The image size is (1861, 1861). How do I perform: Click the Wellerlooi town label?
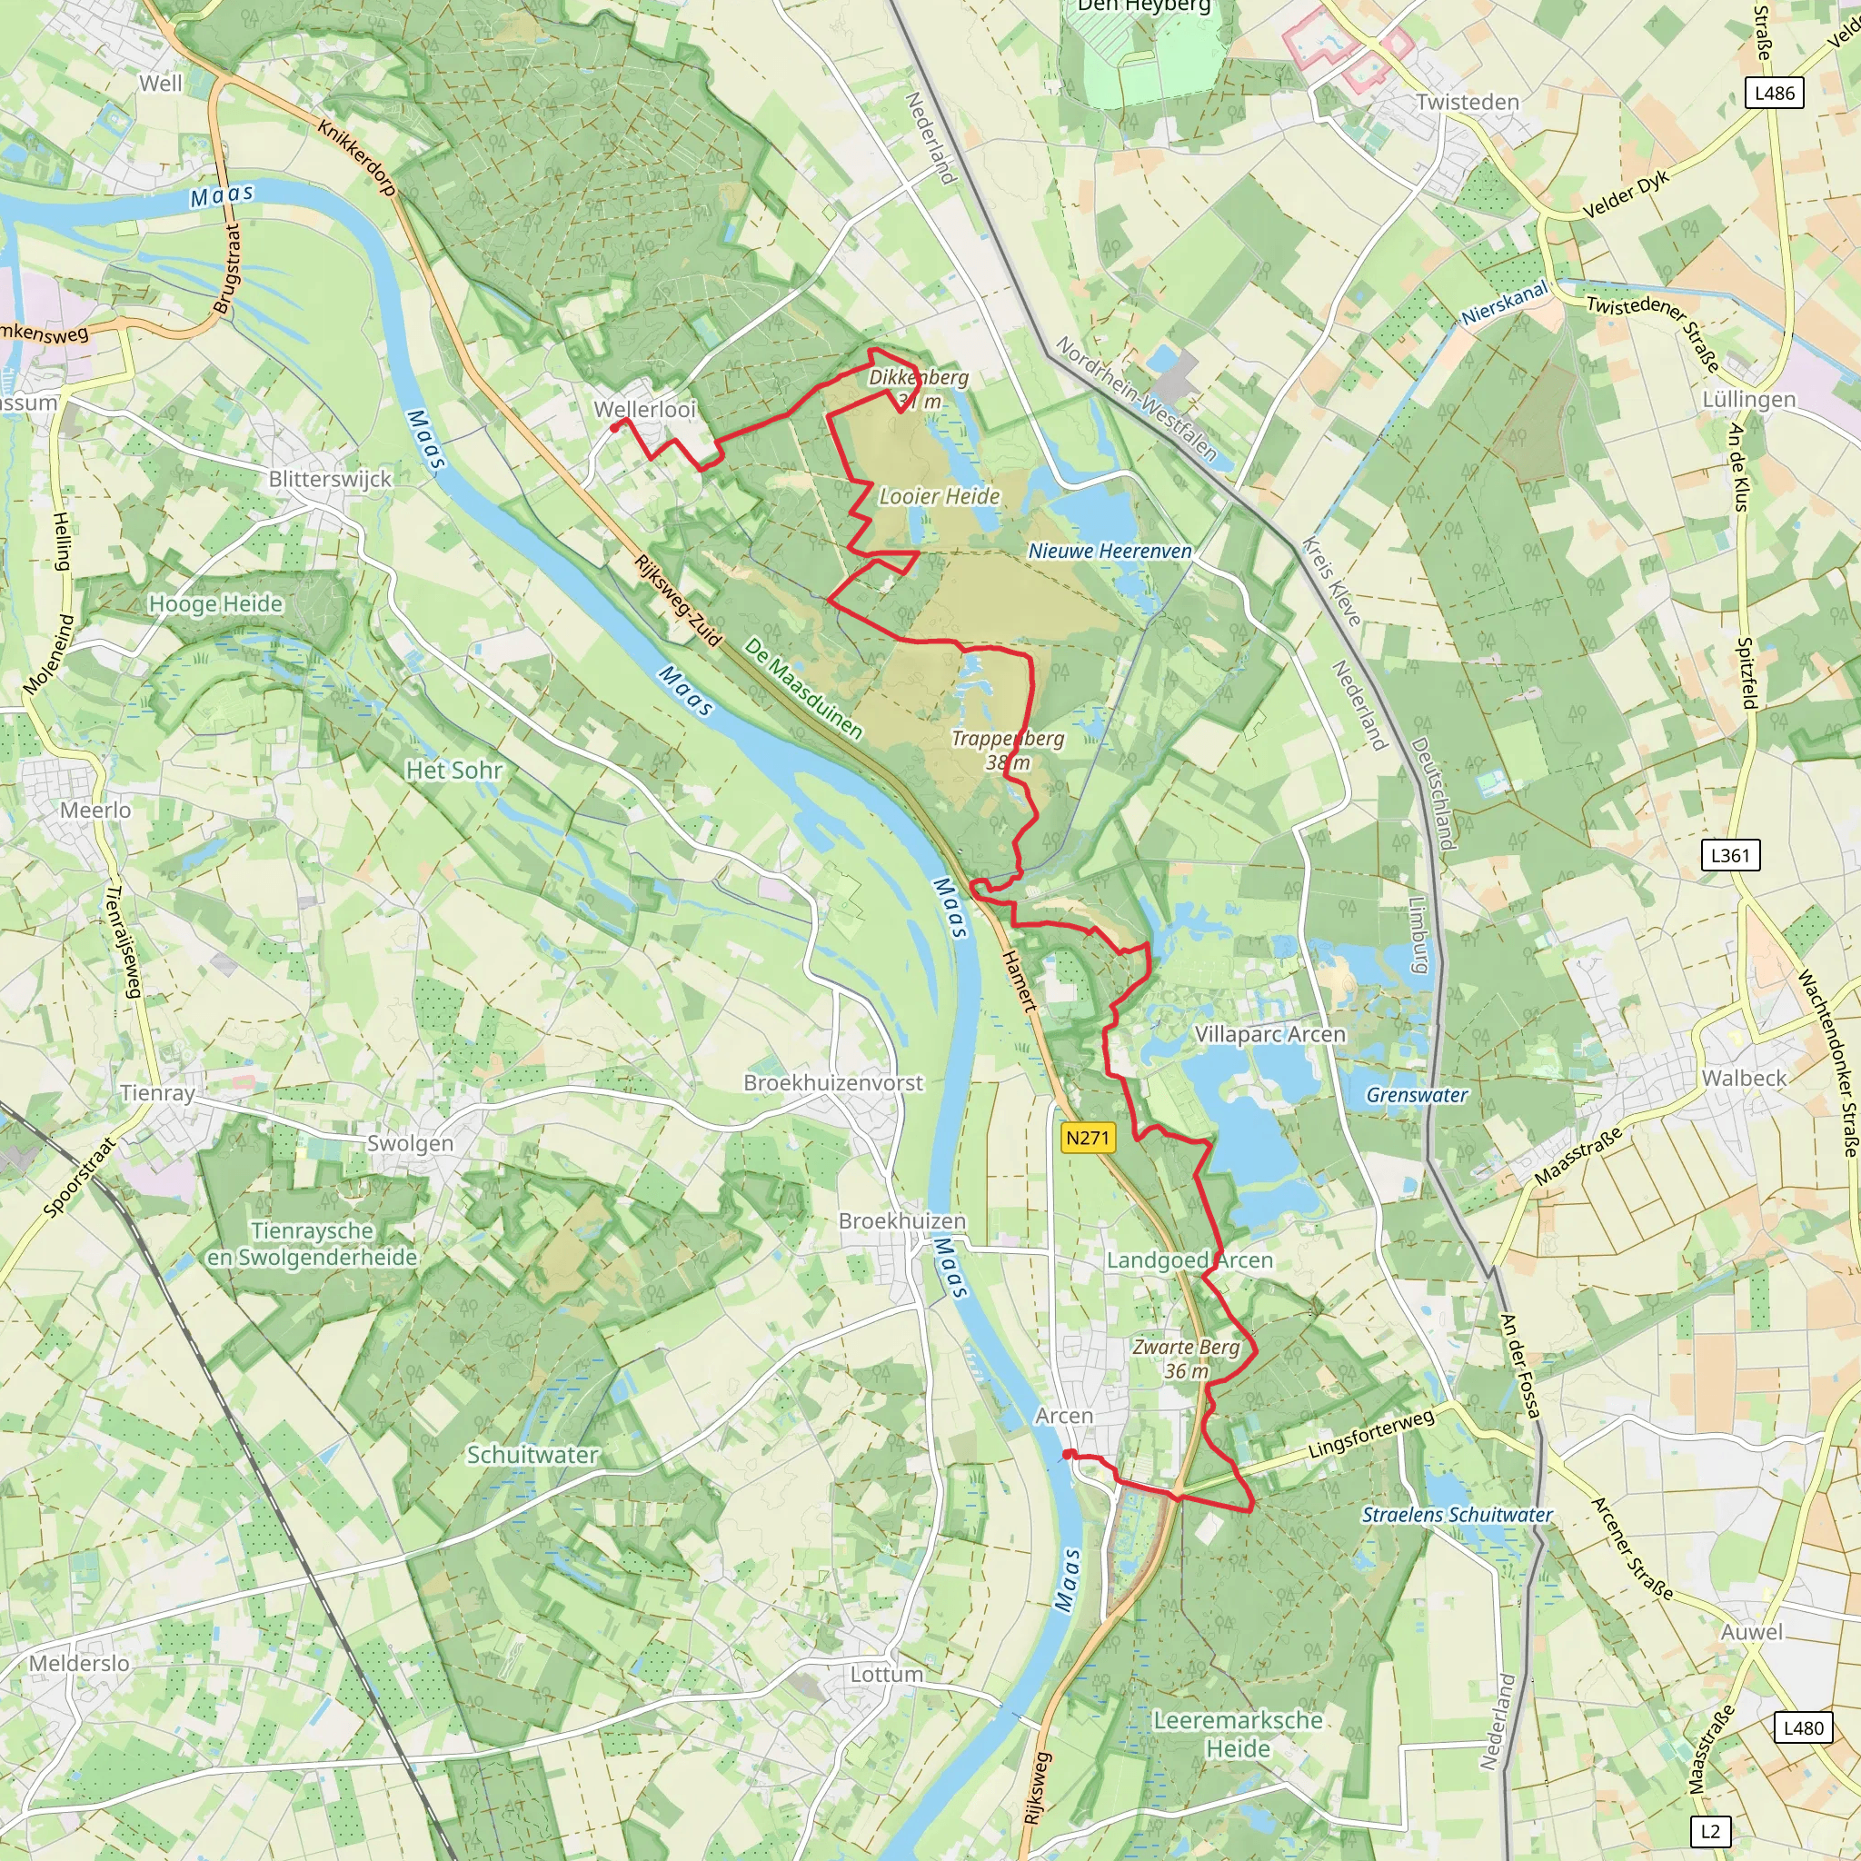click(x=644, y=410)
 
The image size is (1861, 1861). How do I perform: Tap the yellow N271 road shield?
click(x=1088, y=1138)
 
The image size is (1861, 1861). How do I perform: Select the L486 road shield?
click(x=1775, y=94)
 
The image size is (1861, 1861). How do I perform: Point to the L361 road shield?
click(x=1730, y=855)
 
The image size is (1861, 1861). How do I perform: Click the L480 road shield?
click(x=1803, y=1727)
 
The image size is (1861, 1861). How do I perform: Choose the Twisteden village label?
click(x=1467, y=102)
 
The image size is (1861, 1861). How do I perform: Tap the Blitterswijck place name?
click(x=331, y=479)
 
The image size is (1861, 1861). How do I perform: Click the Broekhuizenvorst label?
click(x=833, y=1082)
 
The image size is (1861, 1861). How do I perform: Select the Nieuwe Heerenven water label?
click(x=1110, y=551)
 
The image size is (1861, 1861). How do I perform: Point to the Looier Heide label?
click(x=940, y=496)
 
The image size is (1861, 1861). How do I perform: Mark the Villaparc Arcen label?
click(x=1269, y=1034)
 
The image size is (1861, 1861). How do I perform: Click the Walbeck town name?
click(x=1744, y=1078)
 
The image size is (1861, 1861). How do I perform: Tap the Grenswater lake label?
click(x=1417, y=1095)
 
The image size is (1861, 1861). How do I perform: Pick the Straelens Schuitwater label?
click(x=1457, y=1514)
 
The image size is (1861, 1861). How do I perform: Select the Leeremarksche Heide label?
click(x=1238, y=1734)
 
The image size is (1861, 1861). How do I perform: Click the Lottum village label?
click(x=886, y=1674)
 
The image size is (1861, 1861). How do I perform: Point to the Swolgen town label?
click(x=410, y=1143)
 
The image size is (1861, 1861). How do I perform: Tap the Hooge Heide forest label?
click(x=215, y=604)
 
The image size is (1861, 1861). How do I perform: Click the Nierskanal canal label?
click(x=1504, y=303)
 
